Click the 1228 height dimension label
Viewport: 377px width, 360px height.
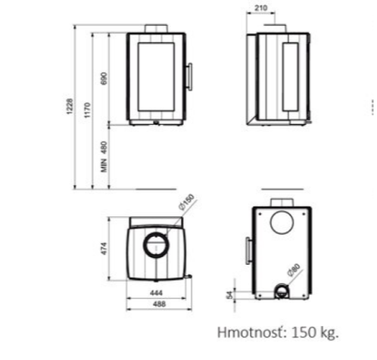[x=70, y=106]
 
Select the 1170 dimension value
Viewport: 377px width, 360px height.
[x=87, y=110]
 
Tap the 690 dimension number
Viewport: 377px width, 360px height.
[x=104, y=79]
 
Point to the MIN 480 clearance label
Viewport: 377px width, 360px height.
[x=104, y=157]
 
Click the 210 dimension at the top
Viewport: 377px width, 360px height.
[x=260, y=8]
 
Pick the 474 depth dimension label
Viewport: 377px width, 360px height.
[x=104, y=249]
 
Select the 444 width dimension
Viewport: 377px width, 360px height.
[x=156, y=293]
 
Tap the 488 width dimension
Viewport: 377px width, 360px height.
[x=160, y=304]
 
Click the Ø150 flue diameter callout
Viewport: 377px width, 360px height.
[x=186, y=202]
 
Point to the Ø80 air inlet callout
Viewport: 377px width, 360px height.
[x=294, y=270]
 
